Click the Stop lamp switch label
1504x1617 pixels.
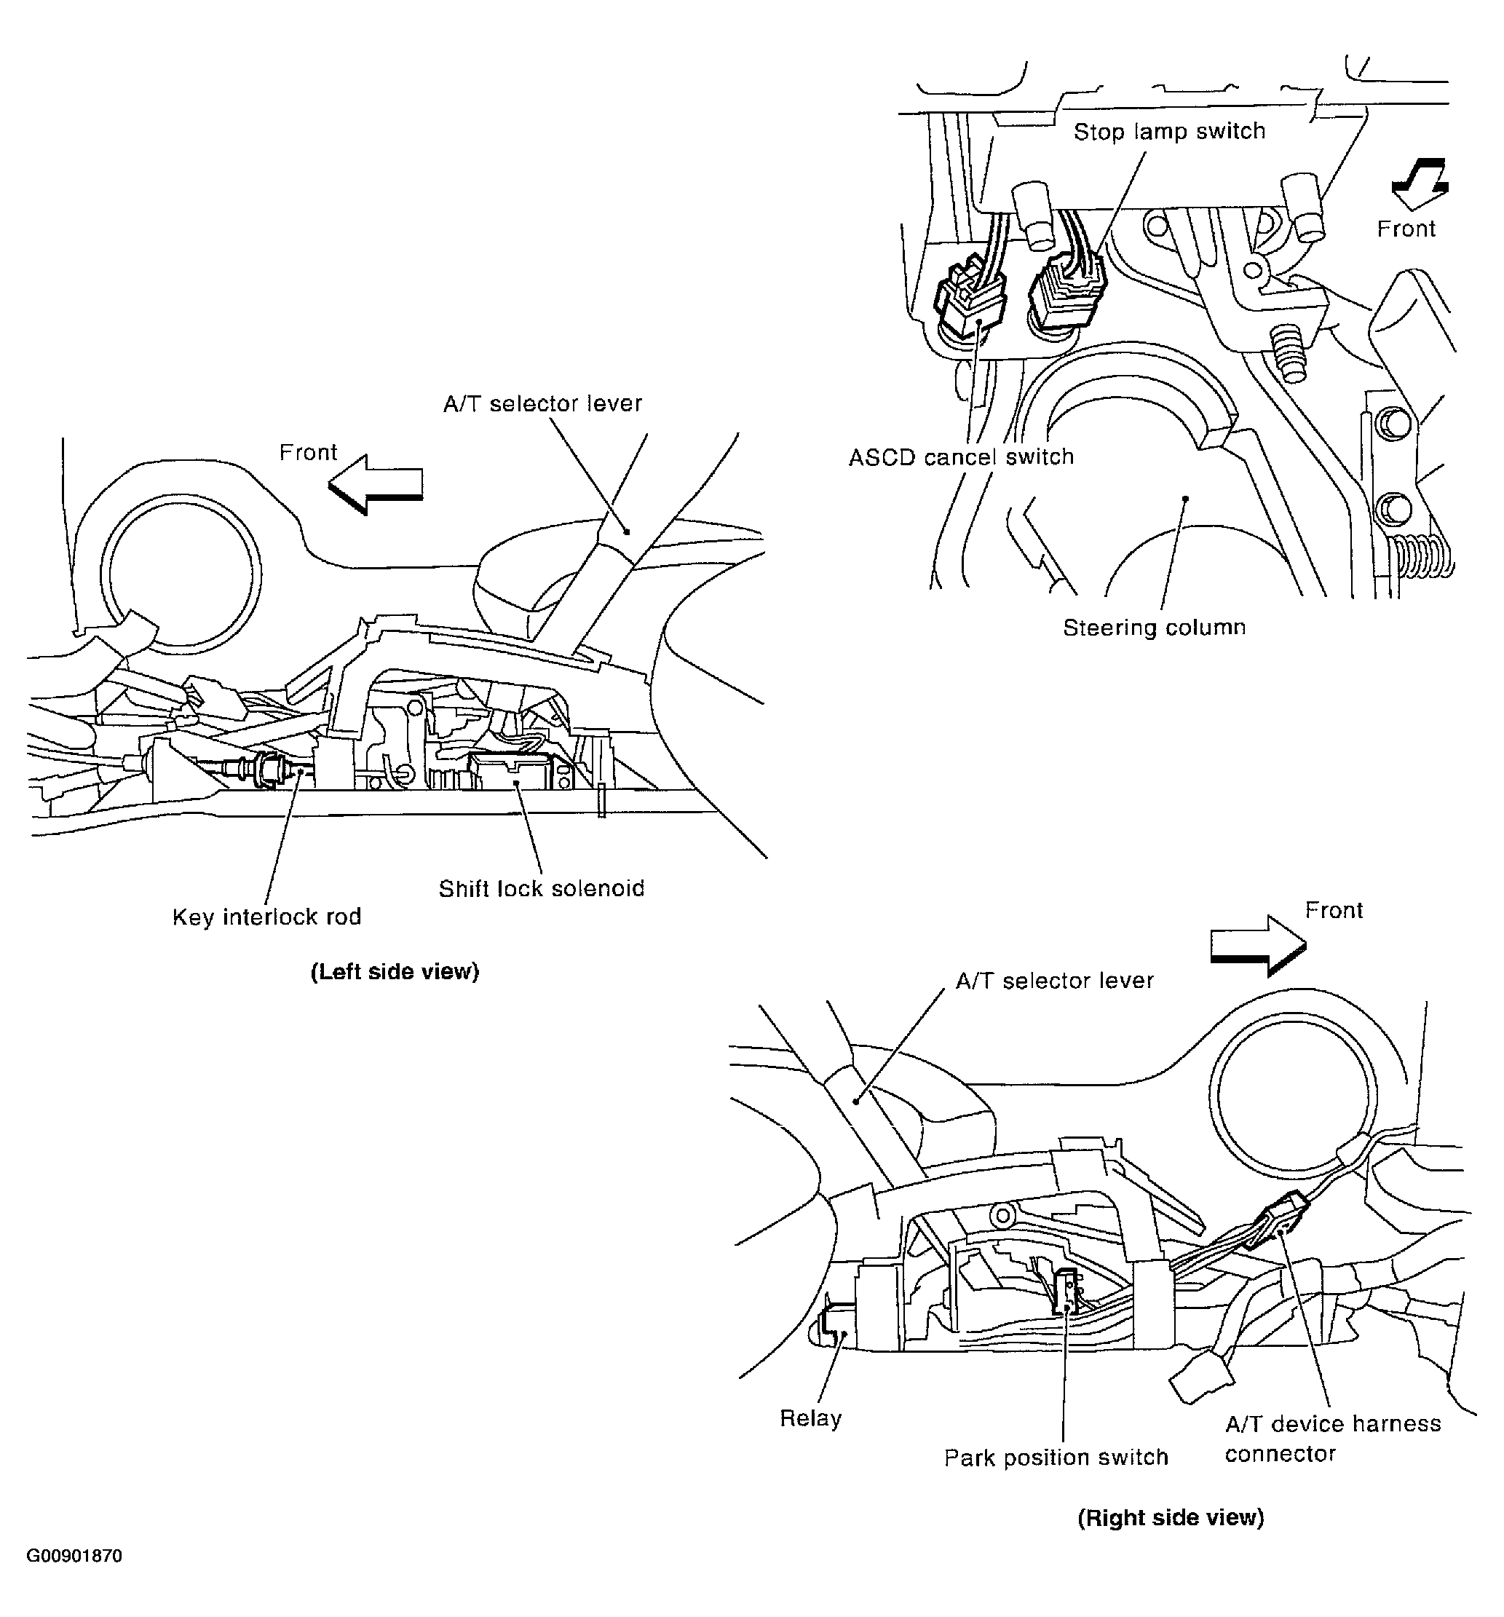coord(1169,131)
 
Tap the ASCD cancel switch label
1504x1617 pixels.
coord(961,457)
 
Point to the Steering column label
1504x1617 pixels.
coord(1153,627)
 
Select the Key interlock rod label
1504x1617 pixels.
coord(266,917)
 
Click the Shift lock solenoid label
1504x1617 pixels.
coord(541,888)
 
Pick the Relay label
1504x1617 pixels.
coord(810,1418)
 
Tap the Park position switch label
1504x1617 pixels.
coord(1055,1457)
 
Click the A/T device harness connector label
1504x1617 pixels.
coord(1331,1438)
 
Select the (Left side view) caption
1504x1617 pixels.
coord(395,971)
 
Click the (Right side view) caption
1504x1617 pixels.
coord(1170,1517)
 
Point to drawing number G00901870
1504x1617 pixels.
coord(74,1556)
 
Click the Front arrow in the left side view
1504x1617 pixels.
coord(376,485)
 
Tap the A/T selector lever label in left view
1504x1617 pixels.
coord(542,403)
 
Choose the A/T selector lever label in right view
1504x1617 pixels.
coord(1054,981)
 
